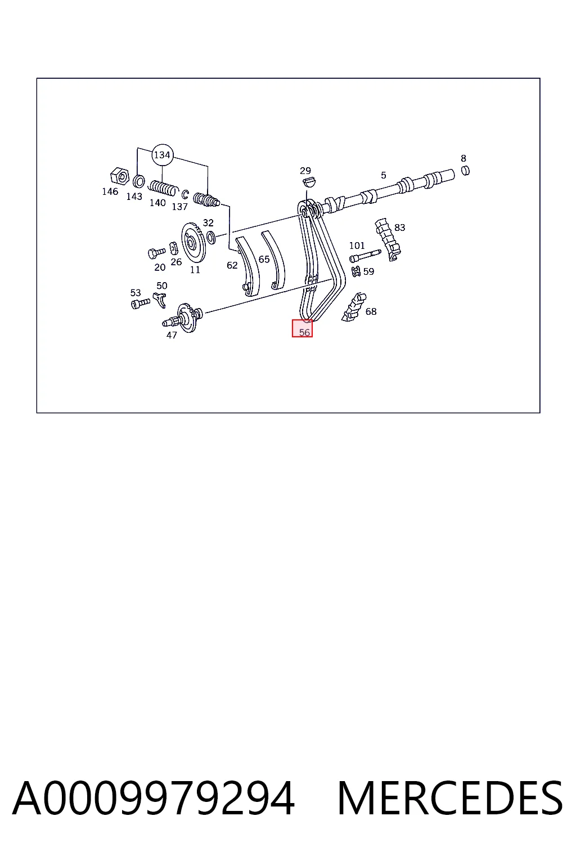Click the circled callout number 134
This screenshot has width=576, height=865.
[x=162, y=155]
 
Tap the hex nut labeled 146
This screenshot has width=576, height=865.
[x=120, y=176]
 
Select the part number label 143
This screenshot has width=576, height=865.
[x=134, y=197]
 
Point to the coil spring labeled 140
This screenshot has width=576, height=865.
[x=164, y=188]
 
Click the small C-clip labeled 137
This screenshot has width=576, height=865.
[x=185, y=194]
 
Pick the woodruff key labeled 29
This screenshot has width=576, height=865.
[x=309, y=181]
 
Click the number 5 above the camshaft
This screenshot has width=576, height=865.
[x=383, y=175]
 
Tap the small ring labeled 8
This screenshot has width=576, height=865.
[x=466, y=170]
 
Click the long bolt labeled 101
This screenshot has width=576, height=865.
[x=365, y=256]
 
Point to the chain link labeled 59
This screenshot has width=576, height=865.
[x=355, y=271]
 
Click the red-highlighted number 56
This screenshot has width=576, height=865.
[x=304, y=332]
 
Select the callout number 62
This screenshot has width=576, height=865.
[x=232, y=265]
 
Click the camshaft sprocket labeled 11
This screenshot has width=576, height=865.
[x=193, y=243]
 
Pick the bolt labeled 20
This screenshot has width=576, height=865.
[x=156, y=253]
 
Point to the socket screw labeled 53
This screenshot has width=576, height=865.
[x=141, y=304]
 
